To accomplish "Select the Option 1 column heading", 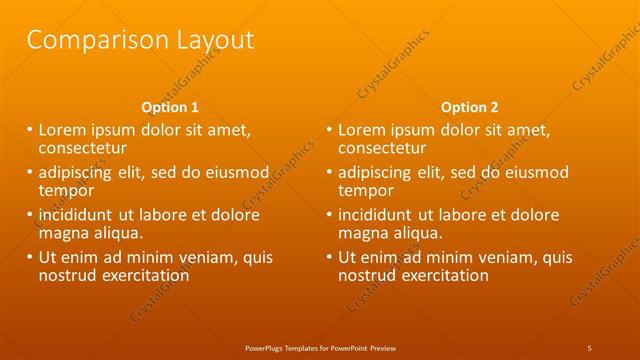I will [x=171, y=107].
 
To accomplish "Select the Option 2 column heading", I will [x=469, y=107].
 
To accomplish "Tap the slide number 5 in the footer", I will [x=590, y=347].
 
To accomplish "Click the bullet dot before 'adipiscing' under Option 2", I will [x=329, y=173].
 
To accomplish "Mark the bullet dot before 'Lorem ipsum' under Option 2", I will [x=329, y=130].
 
